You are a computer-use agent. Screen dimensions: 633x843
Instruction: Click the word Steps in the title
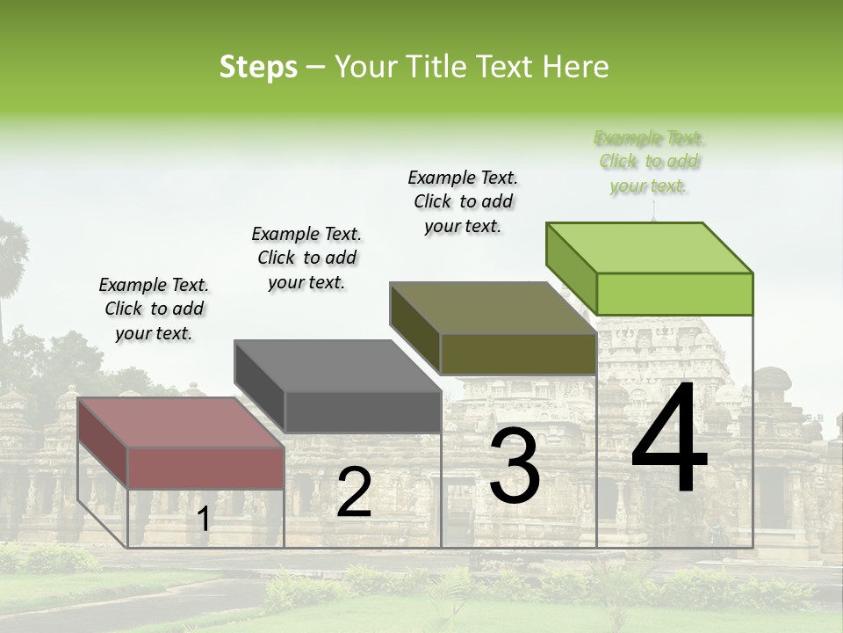258,67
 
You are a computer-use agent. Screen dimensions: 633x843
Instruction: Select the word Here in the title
576,67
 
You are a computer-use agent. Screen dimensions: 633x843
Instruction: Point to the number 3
514,467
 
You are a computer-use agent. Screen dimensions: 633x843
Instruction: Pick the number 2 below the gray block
354,492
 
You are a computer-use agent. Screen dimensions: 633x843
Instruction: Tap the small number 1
203,520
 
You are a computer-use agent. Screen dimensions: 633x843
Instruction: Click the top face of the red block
181,423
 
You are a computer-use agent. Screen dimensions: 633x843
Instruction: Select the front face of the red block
206,468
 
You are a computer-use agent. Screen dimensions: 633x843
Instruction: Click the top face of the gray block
337,366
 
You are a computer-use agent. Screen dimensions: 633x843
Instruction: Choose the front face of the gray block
363,411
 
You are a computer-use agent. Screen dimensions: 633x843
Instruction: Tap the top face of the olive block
493,308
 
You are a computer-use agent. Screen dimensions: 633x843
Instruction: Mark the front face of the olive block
518,353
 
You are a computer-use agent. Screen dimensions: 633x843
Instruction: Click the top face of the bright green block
649,247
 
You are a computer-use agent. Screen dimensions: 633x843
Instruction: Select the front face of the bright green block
674,294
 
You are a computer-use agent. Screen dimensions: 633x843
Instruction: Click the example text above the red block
154,309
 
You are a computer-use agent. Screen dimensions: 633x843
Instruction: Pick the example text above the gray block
306,258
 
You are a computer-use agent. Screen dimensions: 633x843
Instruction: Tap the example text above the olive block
463,201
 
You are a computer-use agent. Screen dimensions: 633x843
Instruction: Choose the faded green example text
649,162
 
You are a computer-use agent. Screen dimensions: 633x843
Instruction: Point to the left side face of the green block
572,269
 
